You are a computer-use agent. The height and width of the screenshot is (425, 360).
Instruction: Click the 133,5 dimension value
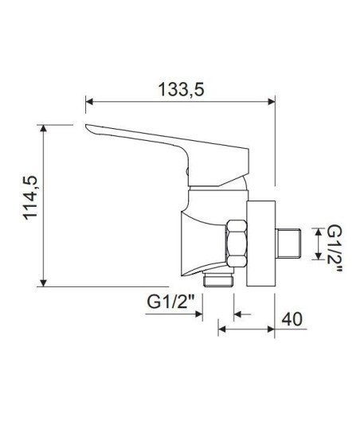click(x=181, y=89)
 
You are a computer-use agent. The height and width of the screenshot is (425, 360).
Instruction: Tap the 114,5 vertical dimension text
click(x=29, y=197)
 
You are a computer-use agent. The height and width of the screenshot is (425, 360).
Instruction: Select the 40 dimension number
click(x=292, y=319)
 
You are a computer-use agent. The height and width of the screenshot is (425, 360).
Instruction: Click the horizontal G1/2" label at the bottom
click(x=171, y=302)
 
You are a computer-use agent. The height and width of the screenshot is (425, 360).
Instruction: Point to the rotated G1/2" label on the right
click(x=335, y=249)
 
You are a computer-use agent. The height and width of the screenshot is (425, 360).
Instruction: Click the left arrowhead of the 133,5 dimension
click(x=89, y=102)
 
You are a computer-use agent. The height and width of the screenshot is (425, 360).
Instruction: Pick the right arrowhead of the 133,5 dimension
click(x=272, y=102)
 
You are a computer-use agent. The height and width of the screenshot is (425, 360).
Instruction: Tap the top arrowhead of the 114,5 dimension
click(x=43, y=129)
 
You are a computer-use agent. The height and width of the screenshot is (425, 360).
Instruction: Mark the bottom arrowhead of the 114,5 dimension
click(x=43, y=283)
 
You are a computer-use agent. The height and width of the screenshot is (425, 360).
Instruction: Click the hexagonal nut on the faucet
click(x=237, y=244)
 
